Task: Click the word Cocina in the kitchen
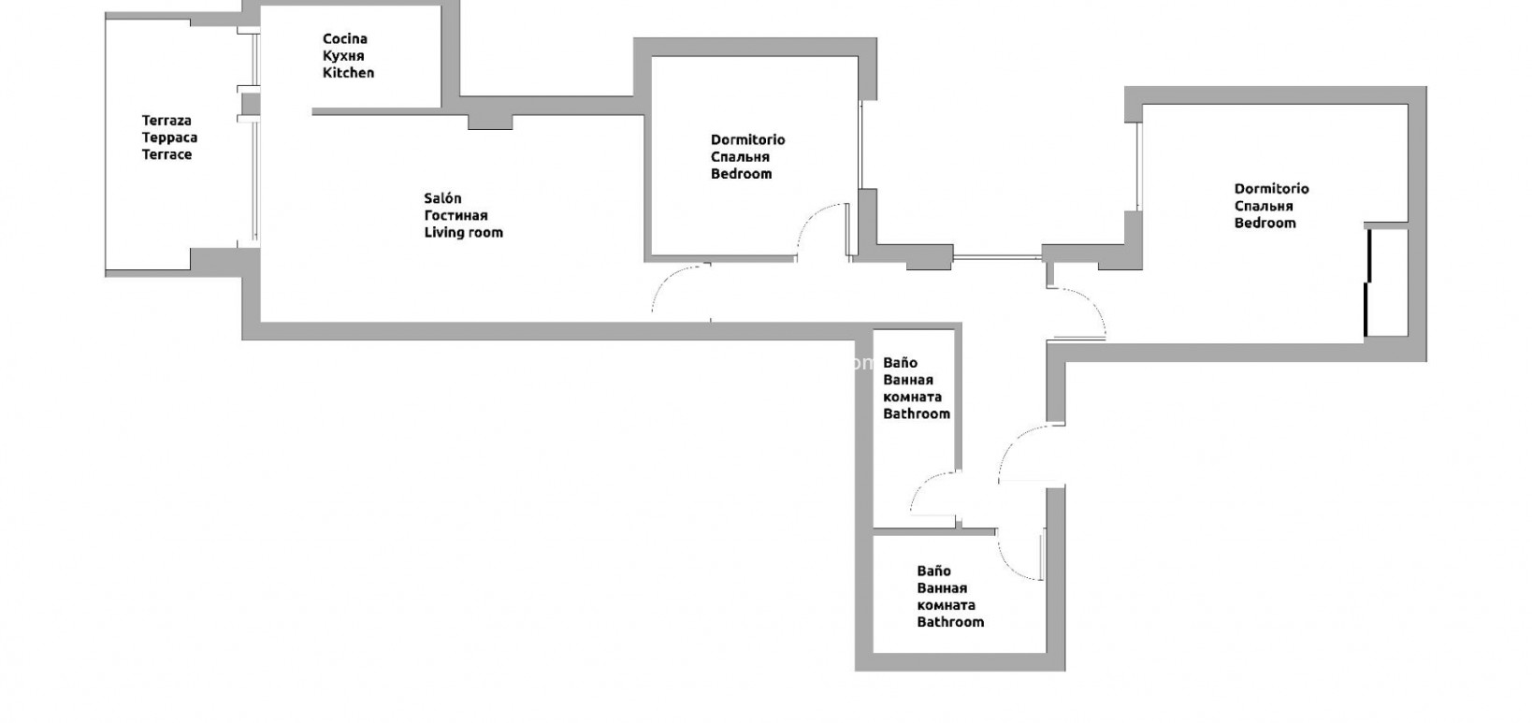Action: (344, 38)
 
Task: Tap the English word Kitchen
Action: (348, 73)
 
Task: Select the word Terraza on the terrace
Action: (166, 121)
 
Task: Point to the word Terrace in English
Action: (166, 155)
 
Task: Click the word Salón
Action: (442, 198)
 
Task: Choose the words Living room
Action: (463, 233)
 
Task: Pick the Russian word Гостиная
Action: (455, 216)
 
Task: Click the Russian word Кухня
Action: (342, 56)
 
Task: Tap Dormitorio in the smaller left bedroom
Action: (747, 140)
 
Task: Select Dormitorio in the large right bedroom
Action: (1271, 189)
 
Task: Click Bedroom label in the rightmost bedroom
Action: (1265, 224)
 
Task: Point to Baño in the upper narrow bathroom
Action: (900, 363)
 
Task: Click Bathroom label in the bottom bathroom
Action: (950, 622)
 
